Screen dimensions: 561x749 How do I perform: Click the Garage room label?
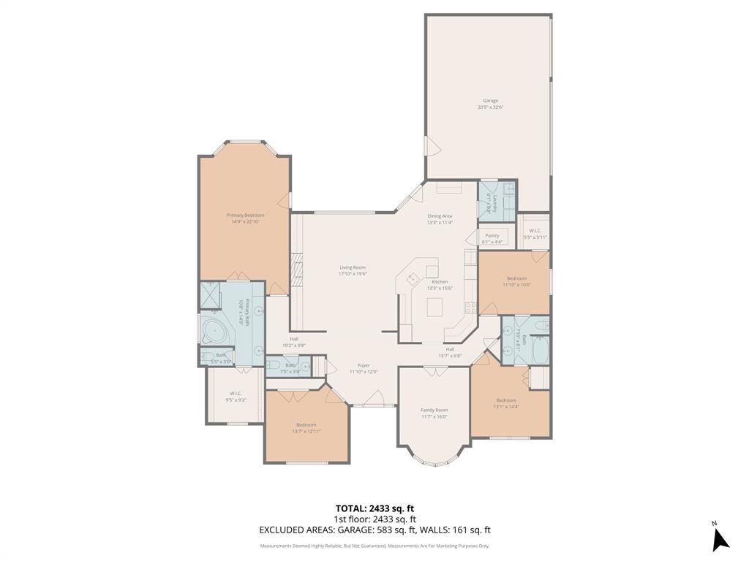(x=490, y=101)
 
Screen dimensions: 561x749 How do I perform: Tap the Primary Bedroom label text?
(x=245, y=215)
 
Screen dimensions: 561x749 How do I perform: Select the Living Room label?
(x=352, y=267)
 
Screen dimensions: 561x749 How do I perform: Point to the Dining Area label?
(x=440, y=215)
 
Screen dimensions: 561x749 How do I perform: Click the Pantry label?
(x=492, y=236)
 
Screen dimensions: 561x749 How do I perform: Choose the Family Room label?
(x=434, y=411)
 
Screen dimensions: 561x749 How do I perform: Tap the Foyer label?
(x=364, y=365)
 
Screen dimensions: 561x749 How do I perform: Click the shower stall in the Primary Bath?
(x=211, y=296)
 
